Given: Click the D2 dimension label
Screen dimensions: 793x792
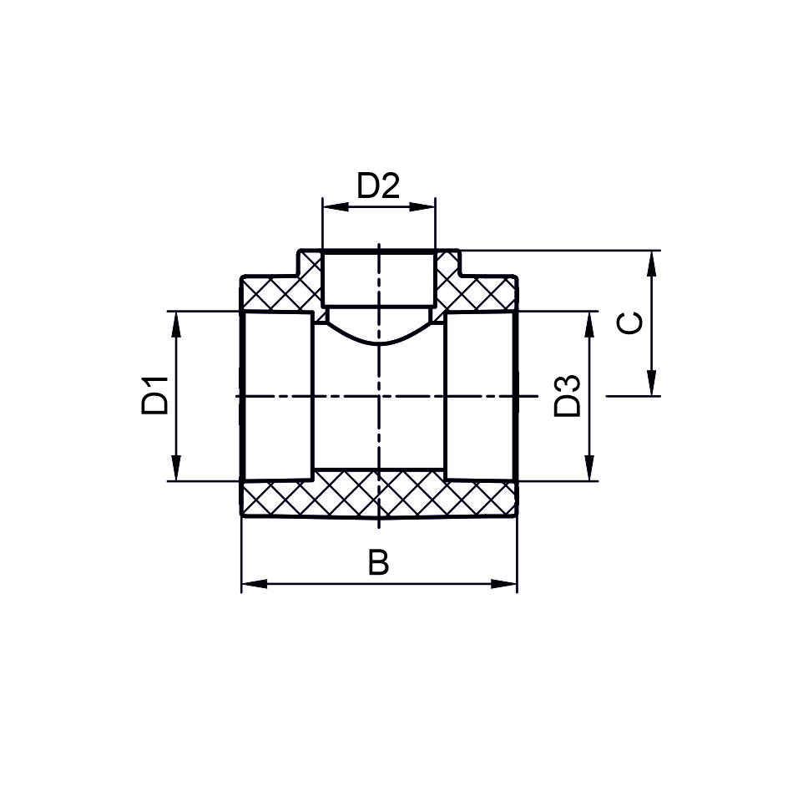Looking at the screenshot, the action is pyautogui.click(x=378, y=185).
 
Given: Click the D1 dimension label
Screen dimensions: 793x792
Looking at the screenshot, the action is pyautogui.click(x=154, y=395).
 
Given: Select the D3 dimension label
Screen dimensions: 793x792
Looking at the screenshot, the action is pyautogui.click(x=568, y=396).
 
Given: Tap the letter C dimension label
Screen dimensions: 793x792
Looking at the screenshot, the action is pyautogui.click(x=630, y=322).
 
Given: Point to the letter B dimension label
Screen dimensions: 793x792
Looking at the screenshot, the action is pyautogui.click(x=378, y=562).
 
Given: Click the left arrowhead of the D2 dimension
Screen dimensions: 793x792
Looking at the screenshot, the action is pyautogui.click(x=336, y=206).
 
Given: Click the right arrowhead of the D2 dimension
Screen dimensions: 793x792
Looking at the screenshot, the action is pyautogui.click(x=422, y=206).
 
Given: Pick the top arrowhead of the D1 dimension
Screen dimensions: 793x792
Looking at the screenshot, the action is pyautogui.click(x=176, y=324).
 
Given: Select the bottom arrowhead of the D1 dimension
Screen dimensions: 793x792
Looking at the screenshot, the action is pyautogui.click(x=176, y=468).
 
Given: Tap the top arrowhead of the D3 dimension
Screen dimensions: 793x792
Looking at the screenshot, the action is pyautogui.click(x=589, y=324).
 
